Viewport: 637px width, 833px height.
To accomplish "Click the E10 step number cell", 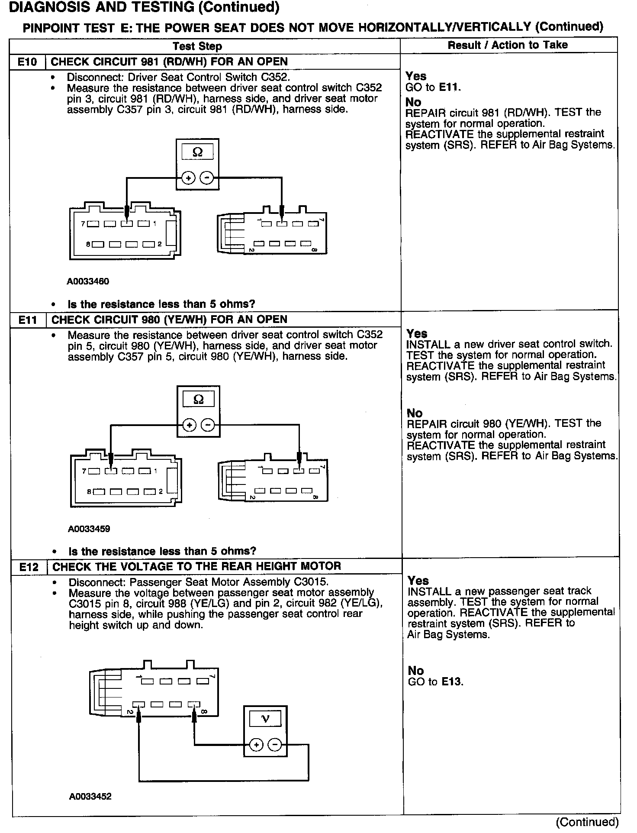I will click(x=27, y=62).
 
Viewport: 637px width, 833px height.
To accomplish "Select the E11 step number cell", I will click(x=28, y=320).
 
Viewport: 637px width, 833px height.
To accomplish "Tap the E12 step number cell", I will click(x=29, y=567).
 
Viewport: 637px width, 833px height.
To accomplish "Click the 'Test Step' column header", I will click(x=197, y=46).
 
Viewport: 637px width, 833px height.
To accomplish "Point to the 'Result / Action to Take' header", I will click(x=508, y=45).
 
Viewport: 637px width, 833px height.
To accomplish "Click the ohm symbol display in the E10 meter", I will click(x=197, y=152).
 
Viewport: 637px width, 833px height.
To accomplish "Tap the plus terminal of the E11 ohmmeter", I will click(x=189, y=426).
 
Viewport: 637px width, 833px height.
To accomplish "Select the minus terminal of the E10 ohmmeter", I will click(x=207, y=178).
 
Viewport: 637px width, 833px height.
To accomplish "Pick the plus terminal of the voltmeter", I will click(x=257, y=745).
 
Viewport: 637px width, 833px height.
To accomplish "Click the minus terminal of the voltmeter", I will click(x=275, y=745).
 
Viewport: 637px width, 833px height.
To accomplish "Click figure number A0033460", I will click(x=88, y=281).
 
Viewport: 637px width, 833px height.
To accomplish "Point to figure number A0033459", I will click(x=89, y=529).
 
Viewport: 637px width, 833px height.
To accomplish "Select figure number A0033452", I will click(x=90, y=797).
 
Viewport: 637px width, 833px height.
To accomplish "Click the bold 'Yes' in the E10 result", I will click(x=416, y=77).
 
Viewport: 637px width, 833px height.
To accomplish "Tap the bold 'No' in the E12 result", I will click(x=416, y=671).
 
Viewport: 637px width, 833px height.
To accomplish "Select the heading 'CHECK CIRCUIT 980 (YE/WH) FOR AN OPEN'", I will click(x=169, y=320).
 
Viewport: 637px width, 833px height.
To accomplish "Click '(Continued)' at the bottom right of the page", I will click(x=587, y=822).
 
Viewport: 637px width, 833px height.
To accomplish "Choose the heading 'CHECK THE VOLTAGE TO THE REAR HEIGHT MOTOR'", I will click(x=196, y=566).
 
